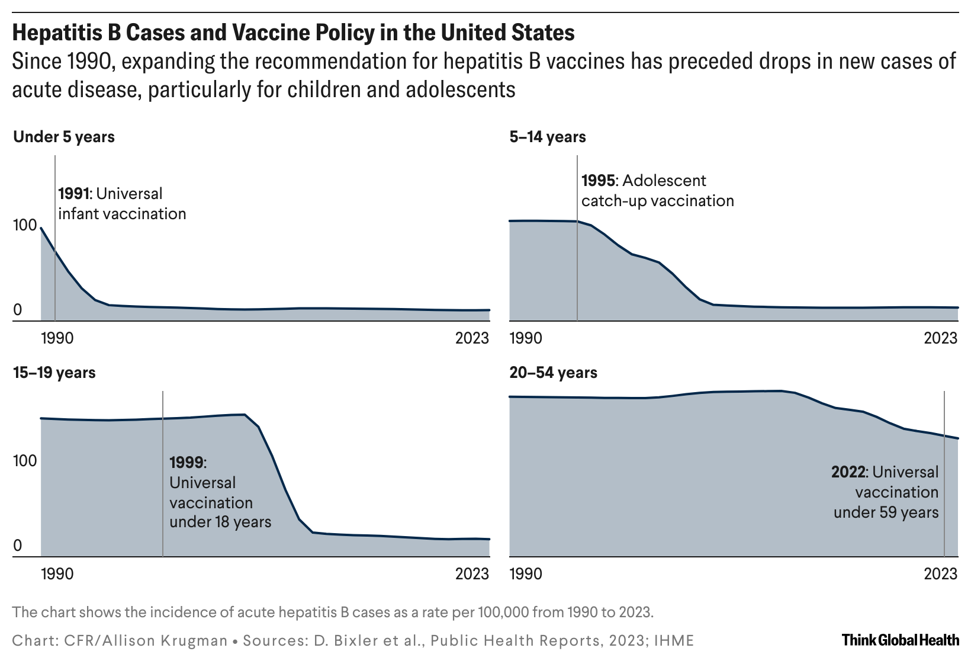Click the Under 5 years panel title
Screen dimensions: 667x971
pyautogui.click(x=63, y=137)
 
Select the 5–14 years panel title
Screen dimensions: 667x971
pyautogui.click(x=548, y=137)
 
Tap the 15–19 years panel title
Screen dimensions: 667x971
pyautogui.click(x=54, y=373)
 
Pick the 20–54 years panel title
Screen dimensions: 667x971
pyautogui.click(x=553, y=373)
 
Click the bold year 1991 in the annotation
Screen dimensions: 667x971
pyautogui.click(x=75, y=194)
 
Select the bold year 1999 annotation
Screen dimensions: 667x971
pyautogui.click(x=187, y=462)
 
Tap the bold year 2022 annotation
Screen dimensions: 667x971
pyautogui.click(x=848, y=472)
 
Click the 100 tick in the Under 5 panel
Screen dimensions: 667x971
pyautogui.click(x=25, y=226)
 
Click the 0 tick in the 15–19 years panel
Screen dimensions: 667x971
pyautogui.click(x=17, y=546)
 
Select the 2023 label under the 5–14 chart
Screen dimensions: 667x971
pyautogui.click(x=940, y=338)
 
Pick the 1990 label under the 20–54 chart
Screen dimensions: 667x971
pyautogui.click(x=526, y=574)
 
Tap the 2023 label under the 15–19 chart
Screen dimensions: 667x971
pyautogui.click(x=472, y=574)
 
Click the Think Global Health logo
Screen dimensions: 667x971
pyautogui.click(x=900, y=640)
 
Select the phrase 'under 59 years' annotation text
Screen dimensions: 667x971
pyautogui.click(x=886, y=512)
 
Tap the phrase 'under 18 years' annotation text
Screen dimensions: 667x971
pyautogui.click(x=220, y=522)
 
